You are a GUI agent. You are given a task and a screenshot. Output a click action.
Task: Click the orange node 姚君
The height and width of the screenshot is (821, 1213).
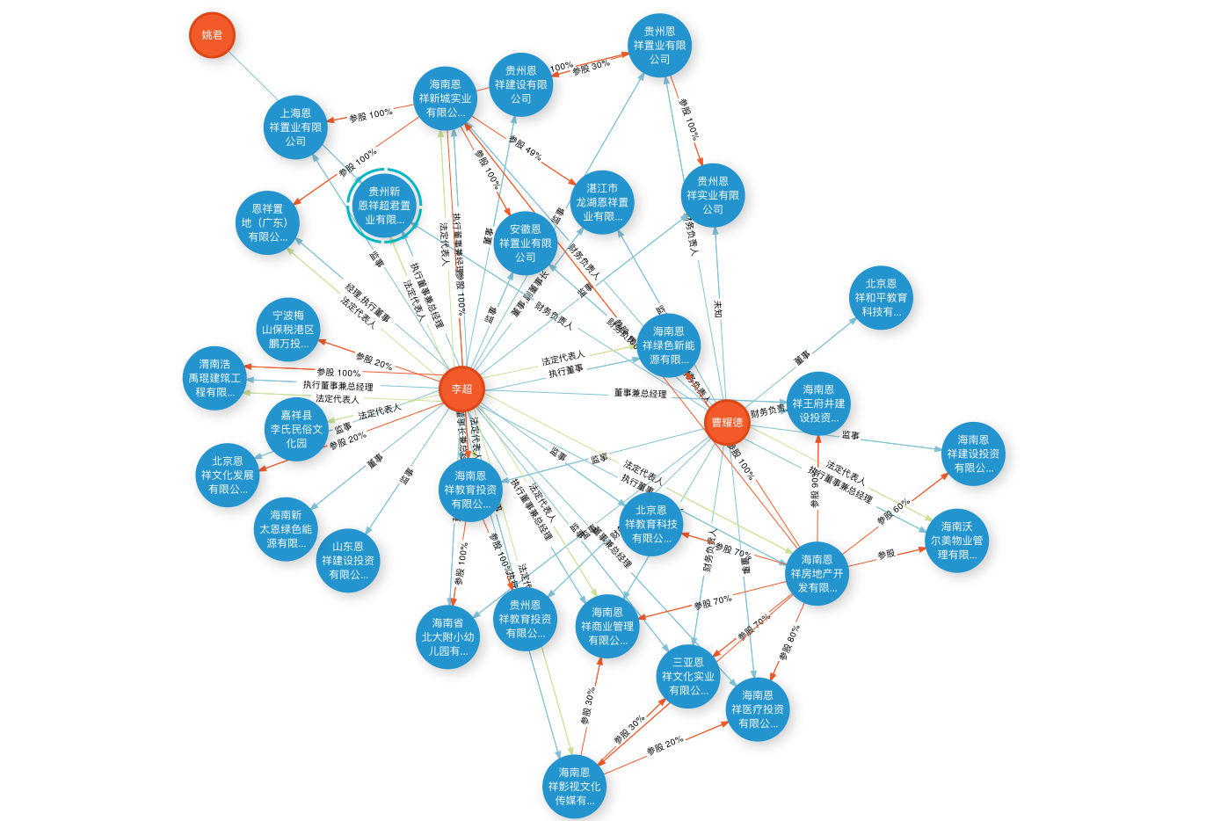[212, 35]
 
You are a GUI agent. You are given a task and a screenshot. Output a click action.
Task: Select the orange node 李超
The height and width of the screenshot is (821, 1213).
[461, 389]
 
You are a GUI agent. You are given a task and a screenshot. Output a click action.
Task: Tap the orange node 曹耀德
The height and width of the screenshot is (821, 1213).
[727, 423]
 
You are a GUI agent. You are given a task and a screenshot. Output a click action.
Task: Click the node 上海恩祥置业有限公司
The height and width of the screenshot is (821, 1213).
[295, 127]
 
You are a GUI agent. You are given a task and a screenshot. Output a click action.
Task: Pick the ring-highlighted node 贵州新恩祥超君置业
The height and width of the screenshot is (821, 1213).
[384, 206]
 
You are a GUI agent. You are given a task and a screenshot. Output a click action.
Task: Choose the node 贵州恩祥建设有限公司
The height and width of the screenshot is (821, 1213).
[520, 85]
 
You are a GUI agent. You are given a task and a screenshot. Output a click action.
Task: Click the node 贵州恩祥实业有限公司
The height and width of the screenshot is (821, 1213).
[713, 195]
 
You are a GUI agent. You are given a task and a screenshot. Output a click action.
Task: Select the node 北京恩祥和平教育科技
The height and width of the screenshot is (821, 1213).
[881, 298]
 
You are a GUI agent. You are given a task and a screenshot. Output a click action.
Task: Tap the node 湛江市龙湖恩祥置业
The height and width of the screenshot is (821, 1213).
[602, 202]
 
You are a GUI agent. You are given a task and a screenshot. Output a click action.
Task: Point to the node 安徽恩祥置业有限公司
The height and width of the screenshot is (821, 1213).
[526, 243]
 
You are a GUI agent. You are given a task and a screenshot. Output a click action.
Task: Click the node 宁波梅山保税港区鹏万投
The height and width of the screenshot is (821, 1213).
[288, 330]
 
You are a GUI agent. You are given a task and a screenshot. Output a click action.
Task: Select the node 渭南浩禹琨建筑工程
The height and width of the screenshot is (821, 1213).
[214, 378]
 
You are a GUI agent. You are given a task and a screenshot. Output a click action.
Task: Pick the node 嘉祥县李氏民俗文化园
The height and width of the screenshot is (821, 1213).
[296, 429]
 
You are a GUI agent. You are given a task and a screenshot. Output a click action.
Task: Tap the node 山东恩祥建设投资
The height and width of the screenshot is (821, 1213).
[348, 560]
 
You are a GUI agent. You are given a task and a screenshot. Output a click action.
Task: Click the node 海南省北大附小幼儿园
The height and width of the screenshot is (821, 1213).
[448, 637]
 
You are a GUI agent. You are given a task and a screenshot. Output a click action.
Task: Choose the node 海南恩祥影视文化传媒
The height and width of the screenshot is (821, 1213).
[574, 787]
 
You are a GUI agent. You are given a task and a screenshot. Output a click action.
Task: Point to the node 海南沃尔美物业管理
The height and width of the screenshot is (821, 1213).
[956, 541]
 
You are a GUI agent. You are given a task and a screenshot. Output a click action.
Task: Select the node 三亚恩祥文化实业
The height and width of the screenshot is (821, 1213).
[688, 676]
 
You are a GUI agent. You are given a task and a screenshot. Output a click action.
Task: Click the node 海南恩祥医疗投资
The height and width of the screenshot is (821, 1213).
[758, 709]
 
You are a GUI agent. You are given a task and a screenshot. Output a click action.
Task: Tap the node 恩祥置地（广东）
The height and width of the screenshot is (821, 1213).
[267, 222]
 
